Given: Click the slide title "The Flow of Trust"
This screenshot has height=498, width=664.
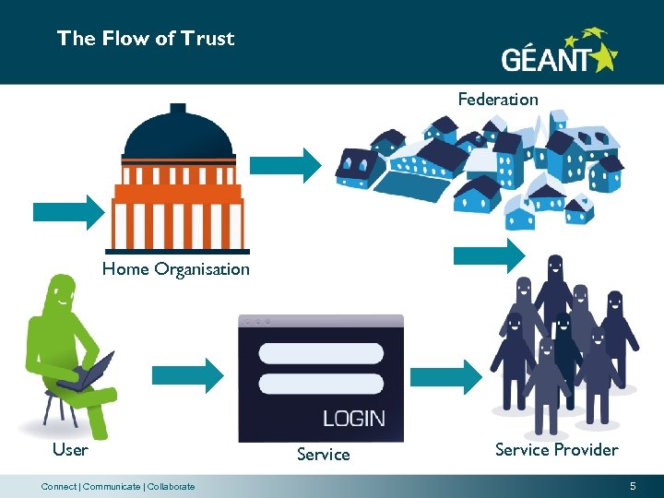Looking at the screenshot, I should pyautogui.click(x=146, y=39).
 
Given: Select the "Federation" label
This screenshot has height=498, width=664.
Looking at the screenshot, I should pyautogui.click(x=498, y=99).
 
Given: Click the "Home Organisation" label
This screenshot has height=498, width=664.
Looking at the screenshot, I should pyautogui.click(x=175, y=269).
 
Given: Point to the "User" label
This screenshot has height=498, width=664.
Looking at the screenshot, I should pyautogui.click(x=70, y=450).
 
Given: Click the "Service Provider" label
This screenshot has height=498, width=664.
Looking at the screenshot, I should pyautogui.click(x=556, y=450).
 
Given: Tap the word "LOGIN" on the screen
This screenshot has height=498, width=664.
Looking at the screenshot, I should pyautogui.click(x=353, y=418).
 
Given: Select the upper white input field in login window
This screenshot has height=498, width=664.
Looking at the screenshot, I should pyautogui.click(x=321, y=353).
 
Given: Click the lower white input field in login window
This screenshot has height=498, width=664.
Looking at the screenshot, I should pyautogui.click(x=321, y=384).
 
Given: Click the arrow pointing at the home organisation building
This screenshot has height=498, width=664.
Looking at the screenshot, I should pyautogui.click(x=69, y=211).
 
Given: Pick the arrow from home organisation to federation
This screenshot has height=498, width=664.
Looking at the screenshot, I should pyautogui.click(x=285, y=164).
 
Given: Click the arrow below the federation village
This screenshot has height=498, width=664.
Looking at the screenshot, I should pyautogui.click(x=489, y=255).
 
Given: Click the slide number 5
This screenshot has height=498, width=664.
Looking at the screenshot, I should pyautogui.click(x=633, y=486).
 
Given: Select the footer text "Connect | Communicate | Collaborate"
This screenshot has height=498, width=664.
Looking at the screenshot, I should pyautogui.click(x=118, y=487).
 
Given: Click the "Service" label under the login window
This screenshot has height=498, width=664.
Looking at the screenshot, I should pyautogui.click(x=323, y=455).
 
